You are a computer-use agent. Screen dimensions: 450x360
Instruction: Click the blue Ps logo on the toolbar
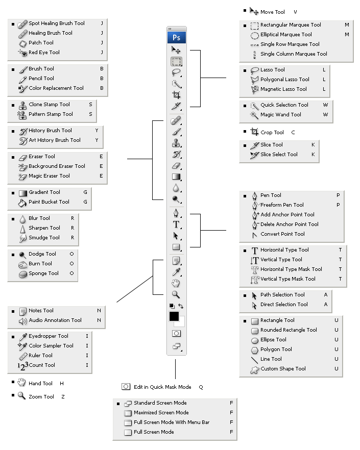coord(176,38)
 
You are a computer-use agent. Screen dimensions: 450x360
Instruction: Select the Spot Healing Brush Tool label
coord(57,23)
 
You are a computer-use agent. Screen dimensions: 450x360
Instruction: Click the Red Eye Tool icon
coord(22,53)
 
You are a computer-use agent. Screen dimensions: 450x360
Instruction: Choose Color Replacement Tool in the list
coord(56,88)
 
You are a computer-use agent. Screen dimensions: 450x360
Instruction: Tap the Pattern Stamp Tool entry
coord(51,114)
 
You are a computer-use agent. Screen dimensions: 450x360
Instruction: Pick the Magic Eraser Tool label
coord(49,176)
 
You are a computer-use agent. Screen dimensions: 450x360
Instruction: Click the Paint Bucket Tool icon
coord(22,202)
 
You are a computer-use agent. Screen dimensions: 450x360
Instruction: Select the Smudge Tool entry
coord(44,238)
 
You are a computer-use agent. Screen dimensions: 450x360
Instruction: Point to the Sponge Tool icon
coord(22,273)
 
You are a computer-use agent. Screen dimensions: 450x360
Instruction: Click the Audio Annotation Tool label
coord(55,320)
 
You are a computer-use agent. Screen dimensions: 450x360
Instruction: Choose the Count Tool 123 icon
coord(22,365)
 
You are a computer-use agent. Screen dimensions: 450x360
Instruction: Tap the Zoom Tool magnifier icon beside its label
coord(21,396)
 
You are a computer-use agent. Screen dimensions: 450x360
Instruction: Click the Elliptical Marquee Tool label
coord(286,35)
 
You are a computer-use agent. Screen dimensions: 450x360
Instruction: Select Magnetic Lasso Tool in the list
coord(283,89)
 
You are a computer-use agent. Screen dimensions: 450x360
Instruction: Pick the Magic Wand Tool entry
coord(281,115)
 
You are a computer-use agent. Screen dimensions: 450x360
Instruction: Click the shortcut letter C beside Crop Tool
coord(293,133)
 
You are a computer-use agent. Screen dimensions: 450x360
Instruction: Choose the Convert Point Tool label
coord(282,234)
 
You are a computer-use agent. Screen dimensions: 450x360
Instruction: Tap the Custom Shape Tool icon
coord(254,369)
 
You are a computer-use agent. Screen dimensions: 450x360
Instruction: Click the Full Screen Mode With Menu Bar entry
coord(172,422)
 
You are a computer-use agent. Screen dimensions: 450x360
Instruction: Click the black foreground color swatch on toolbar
coord(174,317)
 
